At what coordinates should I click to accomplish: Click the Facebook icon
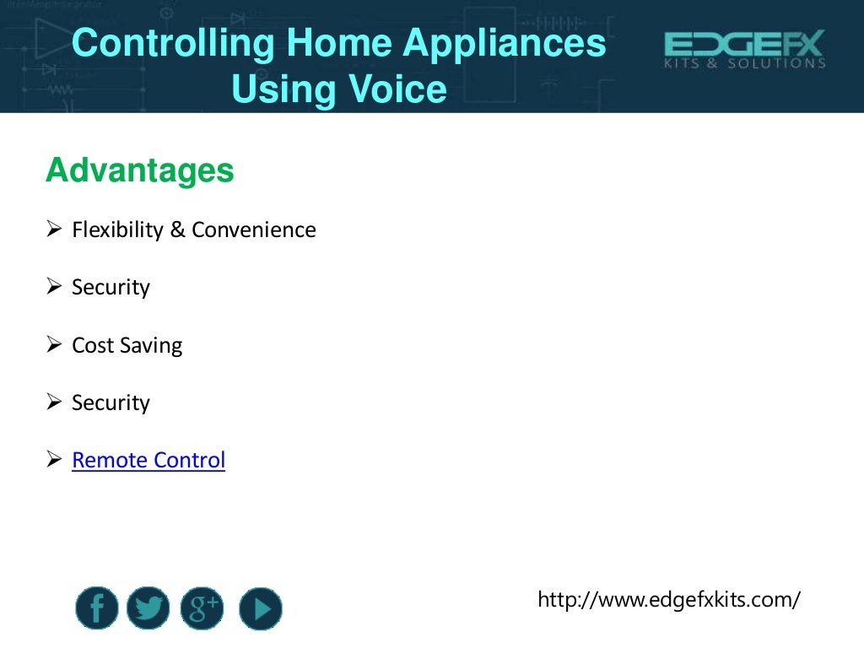(x=96, y=608)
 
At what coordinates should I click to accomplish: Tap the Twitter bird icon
(x=148, y=608)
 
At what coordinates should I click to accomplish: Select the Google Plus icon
(x=202, y=608)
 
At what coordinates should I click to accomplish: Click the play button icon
(x=260, y=608)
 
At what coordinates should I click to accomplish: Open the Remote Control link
(x=148, y=461)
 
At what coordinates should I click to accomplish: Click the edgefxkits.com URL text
(x=668, y=600)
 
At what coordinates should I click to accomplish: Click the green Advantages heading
(x=140, y=171)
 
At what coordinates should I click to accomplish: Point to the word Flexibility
(x=118, y=229)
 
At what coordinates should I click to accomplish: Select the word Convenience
(x=253, y=229)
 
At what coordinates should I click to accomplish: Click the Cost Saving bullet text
(x=127, y=345)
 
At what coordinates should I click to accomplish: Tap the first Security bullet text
(x=111, y=288)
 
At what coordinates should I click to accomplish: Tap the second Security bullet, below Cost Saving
(x=111, y=403)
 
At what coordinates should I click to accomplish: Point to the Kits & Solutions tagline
(x=744, y=64)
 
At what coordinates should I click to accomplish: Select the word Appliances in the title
(x=511, y=44)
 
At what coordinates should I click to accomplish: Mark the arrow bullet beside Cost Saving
(x=55, y=344)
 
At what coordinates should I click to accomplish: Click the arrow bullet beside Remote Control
(x=55, y=460)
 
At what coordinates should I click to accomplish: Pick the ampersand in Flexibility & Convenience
(x=177, y=229)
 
